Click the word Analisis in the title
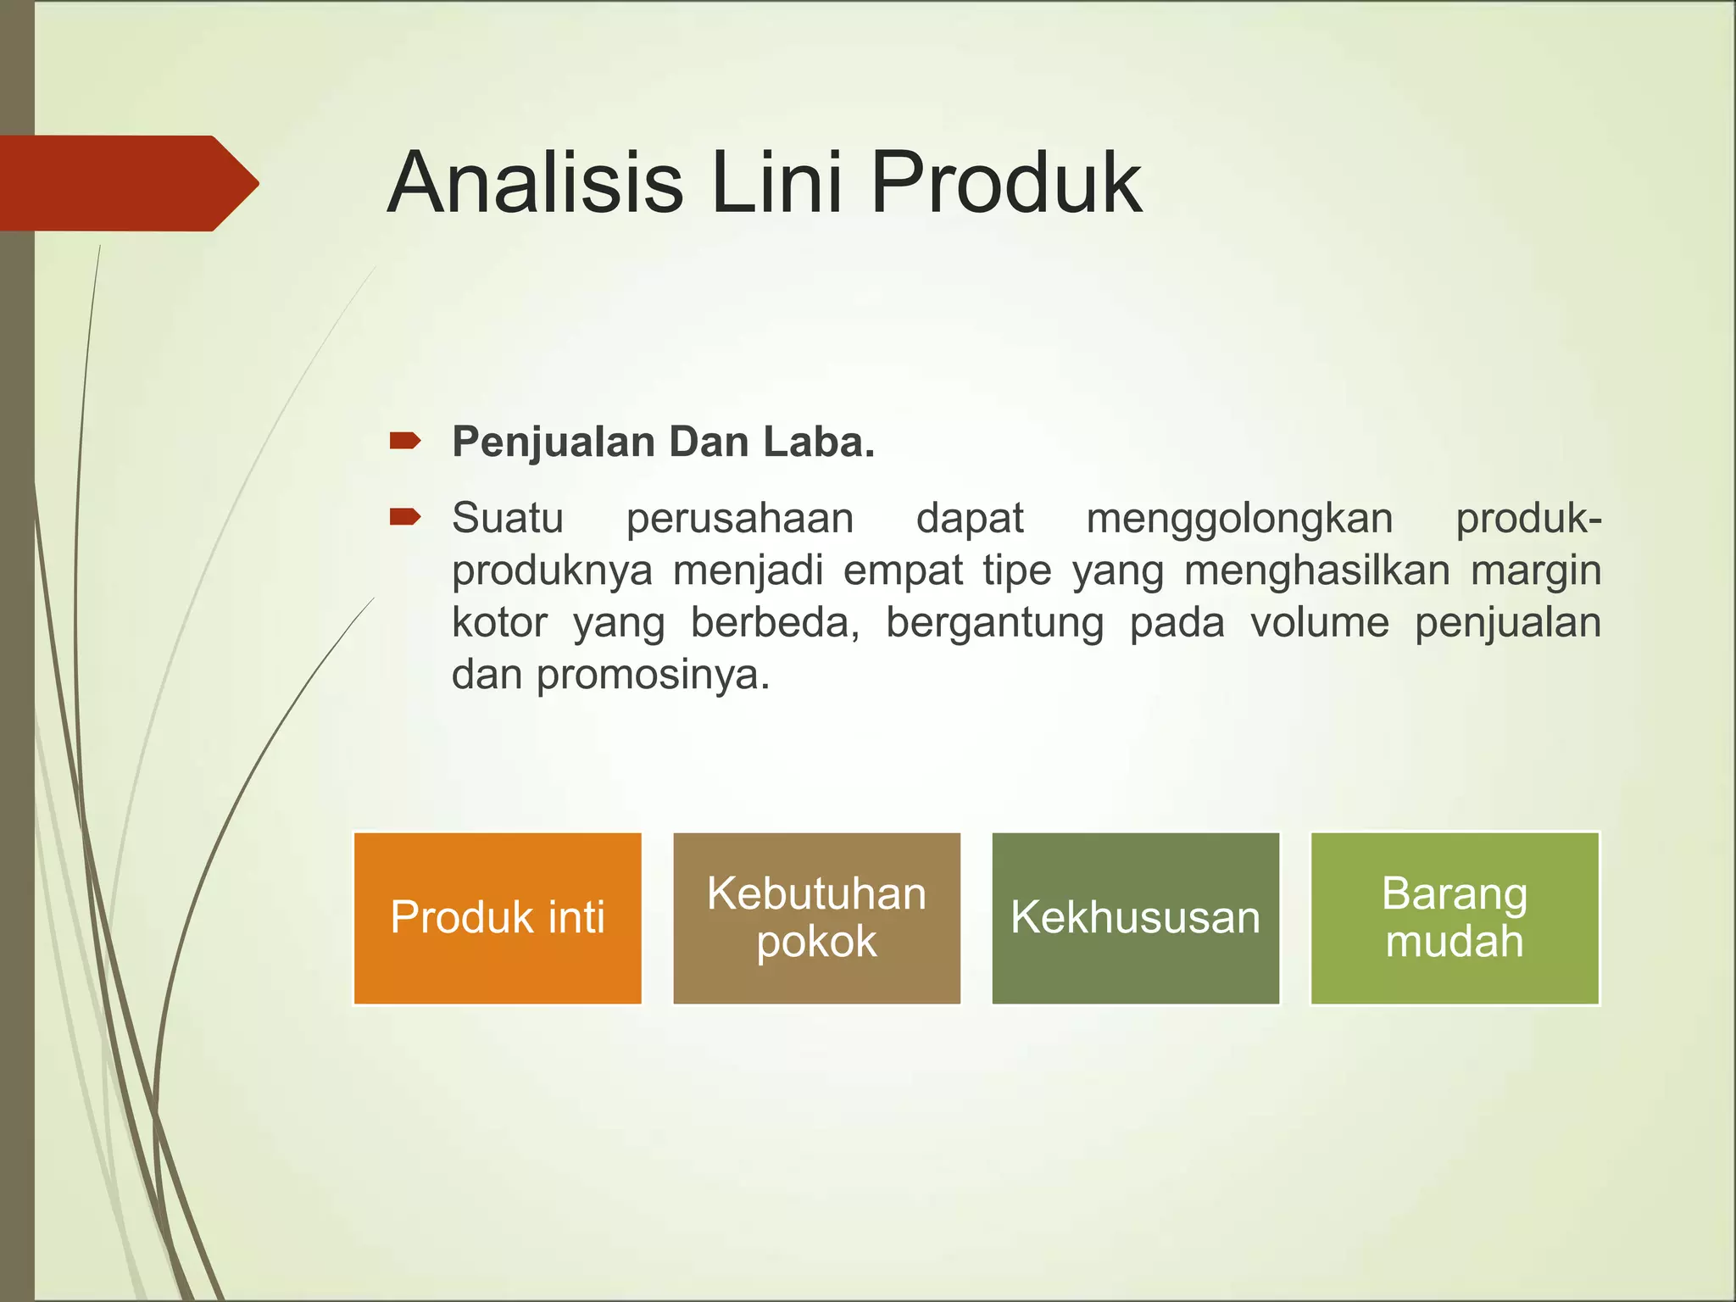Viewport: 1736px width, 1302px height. point(534,183)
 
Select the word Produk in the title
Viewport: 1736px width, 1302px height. point(1005,183)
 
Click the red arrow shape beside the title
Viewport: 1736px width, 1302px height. point(127,183)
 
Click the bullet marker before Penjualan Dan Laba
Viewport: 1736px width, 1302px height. point(404,441)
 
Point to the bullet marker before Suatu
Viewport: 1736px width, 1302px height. point(404,517)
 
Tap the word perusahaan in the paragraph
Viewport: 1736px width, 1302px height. point(739,519)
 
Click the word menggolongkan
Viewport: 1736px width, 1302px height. point(1239,519)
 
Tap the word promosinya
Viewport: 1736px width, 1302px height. point(653,676)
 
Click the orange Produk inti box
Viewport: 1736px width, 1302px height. point(498,918)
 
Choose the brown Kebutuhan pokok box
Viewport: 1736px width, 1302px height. point(816,918)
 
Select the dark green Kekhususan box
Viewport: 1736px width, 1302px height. point(1135,918)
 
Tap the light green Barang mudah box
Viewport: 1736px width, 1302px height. point(1455,918)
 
